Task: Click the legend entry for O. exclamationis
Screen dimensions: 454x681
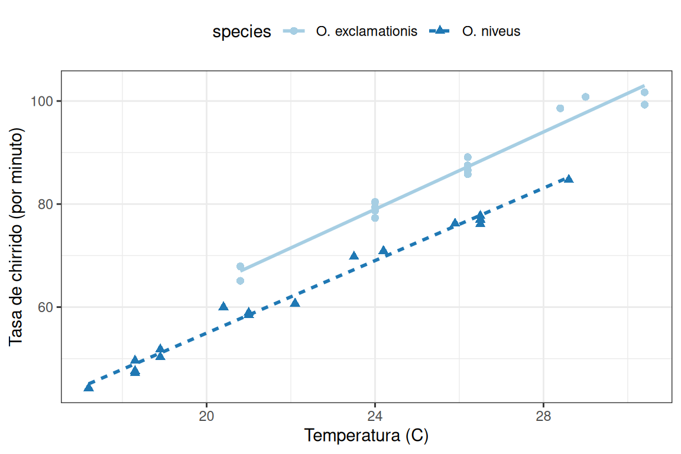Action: [367, 31]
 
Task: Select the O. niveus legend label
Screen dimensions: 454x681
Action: [491, 31]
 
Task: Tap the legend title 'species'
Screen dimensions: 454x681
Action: [242, 32]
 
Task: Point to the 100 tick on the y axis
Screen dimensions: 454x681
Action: [46, 101]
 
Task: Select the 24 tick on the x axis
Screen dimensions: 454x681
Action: [375, 415]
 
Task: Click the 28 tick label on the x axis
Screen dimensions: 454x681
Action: [543, 415]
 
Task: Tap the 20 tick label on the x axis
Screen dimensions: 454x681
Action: [206, 415]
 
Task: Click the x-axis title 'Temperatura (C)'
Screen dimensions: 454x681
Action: [366, 436]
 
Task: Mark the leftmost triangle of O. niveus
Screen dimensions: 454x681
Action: [89, 387]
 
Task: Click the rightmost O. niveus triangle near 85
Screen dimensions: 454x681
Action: [569, 179]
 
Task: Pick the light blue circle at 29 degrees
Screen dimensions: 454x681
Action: [585, 97]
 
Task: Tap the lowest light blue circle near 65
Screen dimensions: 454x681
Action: [240, 281]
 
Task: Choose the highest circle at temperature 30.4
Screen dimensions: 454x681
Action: [644, 92]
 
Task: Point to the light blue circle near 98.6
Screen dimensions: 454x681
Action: [560, 108]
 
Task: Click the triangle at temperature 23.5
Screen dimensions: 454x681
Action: [354, 256]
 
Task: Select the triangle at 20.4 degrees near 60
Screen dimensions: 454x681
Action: [223, 307]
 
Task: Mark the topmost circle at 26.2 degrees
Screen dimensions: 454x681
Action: [468, 157]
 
